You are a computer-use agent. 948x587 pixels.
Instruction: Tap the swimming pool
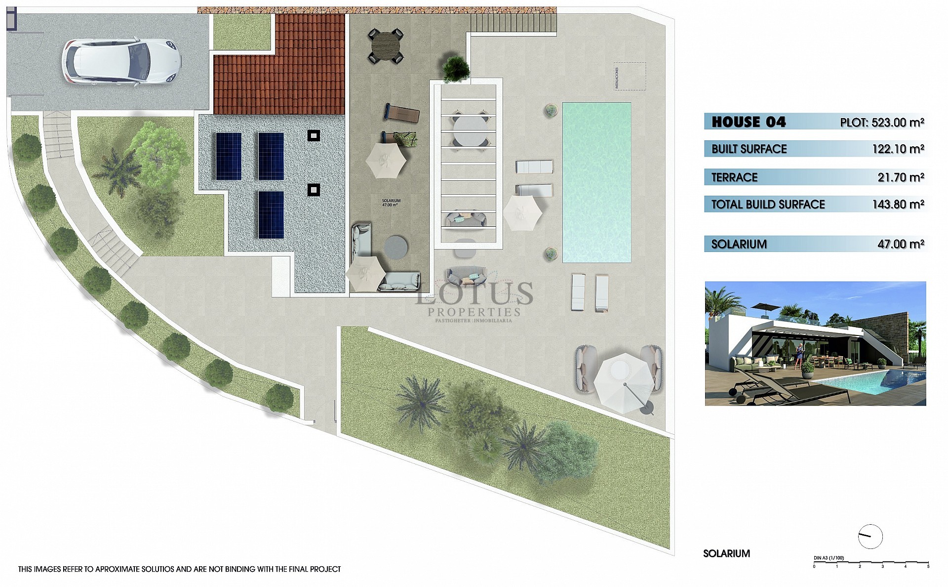(x=596, y=183)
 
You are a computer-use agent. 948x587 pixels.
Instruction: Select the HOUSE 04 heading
(x=749, y=122)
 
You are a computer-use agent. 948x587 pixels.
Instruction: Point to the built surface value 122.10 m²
(x=898, y=149)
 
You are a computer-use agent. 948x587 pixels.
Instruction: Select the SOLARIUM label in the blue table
(x=739, y=244)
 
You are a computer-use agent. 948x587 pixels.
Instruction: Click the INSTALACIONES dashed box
(x=630, y=76)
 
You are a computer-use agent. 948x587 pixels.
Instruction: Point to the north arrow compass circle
(x=870, y=536)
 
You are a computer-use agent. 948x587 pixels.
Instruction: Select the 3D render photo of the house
(x=815, y=343)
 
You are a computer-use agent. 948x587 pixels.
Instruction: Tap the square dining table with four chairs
(x=385, y=45)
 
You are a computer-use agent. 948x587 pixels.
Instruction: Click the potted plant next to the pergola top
(x=456, y=68)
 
